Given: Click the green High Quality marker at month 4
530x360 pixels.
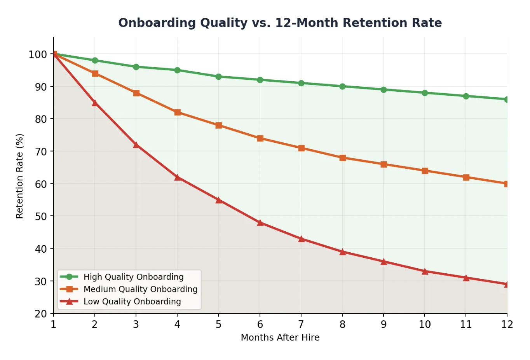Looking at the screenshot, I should click(x=177, y=70).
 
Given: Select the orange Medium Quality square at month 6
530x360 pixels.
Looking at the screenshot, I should click(x=260, y=138).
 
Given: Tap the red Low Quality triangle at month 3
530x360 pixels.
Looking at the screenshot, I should click(x=136, y=145).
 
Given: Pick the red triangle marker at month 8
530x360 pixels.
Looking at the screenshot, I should click(x=342, y=252).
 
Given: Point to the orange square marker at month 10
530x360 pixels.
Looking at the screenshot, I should click(x=425, y=171).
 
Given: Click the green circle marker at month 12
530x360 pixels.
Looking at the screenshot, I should click(x=507, y=100).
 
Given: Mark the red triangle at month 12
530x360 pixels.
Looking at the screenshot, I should click(x=507, y=284).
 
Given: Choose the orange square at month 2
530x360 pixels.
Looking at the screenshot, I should click(x=95, y=73).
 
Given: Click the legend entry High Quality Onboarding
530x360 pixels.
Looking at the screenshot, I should click(x=133, y=277).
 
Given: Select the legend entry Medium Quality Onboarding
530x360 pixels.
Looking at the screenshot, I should click(x=140, y=289).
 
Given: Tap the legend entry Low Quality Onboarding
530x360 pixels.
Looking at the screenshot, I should click(x=132, y=302).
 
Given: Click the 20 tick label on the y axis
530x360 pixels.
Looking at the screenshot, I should click(x=41, y=314).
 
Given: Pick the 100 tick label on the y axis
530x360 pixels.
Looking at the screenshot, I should click(x=38, y=54).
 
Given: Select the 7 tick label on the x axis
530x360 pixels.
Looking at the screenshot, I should click(x=301, y=324).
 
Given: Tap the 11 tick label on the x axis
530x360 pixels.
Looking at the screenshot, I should click(x=465, y=324).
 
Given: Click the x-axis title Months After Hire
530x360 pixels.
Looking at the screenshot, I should click(x=280, y=337).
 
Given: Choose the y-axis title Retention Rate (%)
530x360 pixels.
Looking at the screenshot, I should click(x=19, y=176).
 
